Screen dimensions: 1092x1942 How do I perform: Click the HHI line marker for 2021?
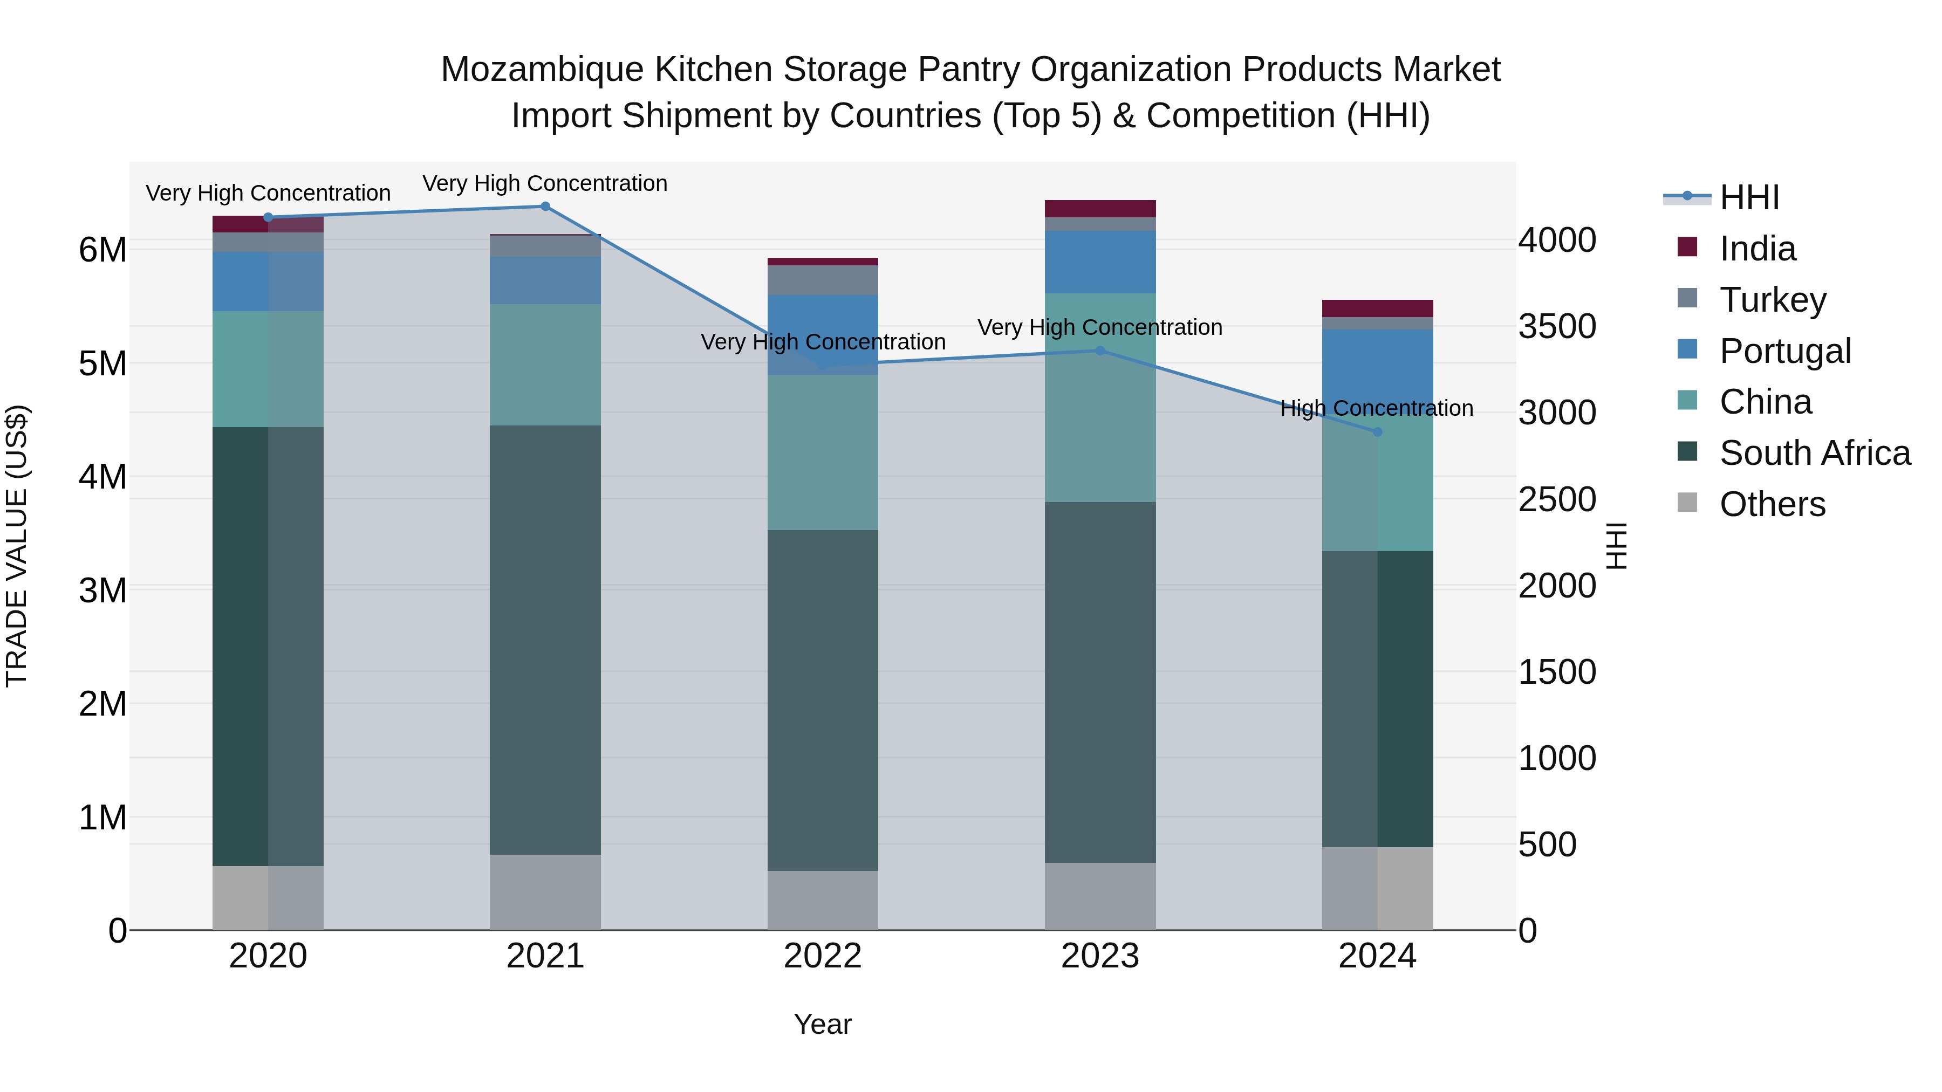(x=545, y=206)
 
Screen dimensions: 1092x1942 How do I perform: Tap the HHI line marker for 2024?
(x=1377, y=432)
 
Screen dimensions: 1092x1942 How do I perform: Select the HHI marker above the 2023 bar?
(x=1100, y=351)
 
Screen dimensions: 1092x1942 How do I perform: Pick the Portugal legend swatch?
(x=1687, y=349)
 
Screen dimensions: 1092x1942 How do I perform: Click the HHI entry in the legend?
(x=1749, y=197)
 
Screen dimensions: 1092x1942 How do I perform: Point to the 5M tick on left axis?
(x=103, y=363)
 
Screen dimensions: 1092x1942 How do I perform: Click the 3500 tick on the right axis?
(x=1557, y=326)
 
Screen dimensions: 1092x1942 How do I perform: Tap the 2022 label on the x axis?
(x=823, y=956)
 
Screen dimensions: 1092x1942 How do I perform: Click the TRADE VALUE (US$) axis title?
(x=17, y=546)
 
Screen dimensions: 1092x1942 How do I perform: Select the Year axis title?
(x=823, y=1024)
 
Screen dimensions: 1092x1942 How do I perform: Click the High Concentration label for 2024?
(x=1377, y=408)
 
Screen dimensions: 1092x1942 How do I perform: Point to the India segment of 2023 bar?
(x=1100, y=209)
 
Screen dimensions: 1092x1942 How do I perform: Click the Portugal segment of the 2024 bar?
(x=1377, y=366)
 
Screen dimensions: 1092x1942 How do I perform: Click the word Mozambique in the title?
(x=543, y=70)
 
